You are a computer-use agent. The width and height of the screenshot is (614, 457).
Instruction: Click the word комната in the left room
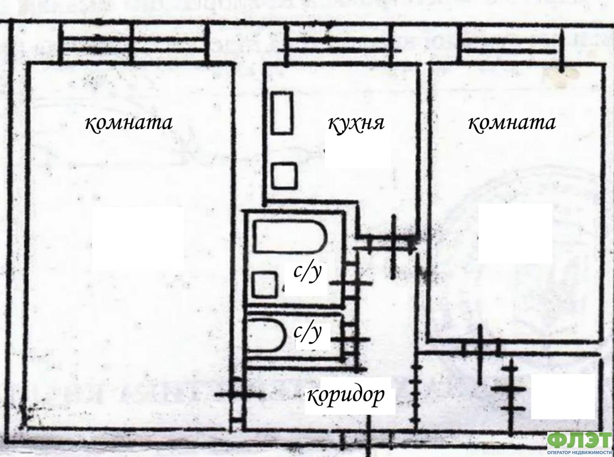tap(129, 123)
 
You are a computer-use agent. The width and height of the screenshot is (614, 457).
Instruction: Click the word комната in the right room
tap(512, 123)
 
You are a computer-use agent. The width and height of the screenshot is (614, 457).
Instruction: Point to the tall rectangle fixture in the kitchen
tap(282, 113)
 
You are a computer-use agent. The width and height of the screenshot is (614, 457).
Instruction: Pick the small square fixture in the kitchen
tap(284, 176)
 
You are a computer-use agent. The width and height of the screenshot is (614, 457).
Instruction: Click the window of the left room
tap(133, 44)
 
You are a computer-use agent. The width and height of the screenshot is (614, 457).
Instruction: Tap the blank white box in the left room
tap(138, 238)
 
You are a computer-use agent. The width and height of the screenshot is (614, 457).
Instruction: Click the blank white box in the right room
tap(515, 233)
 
